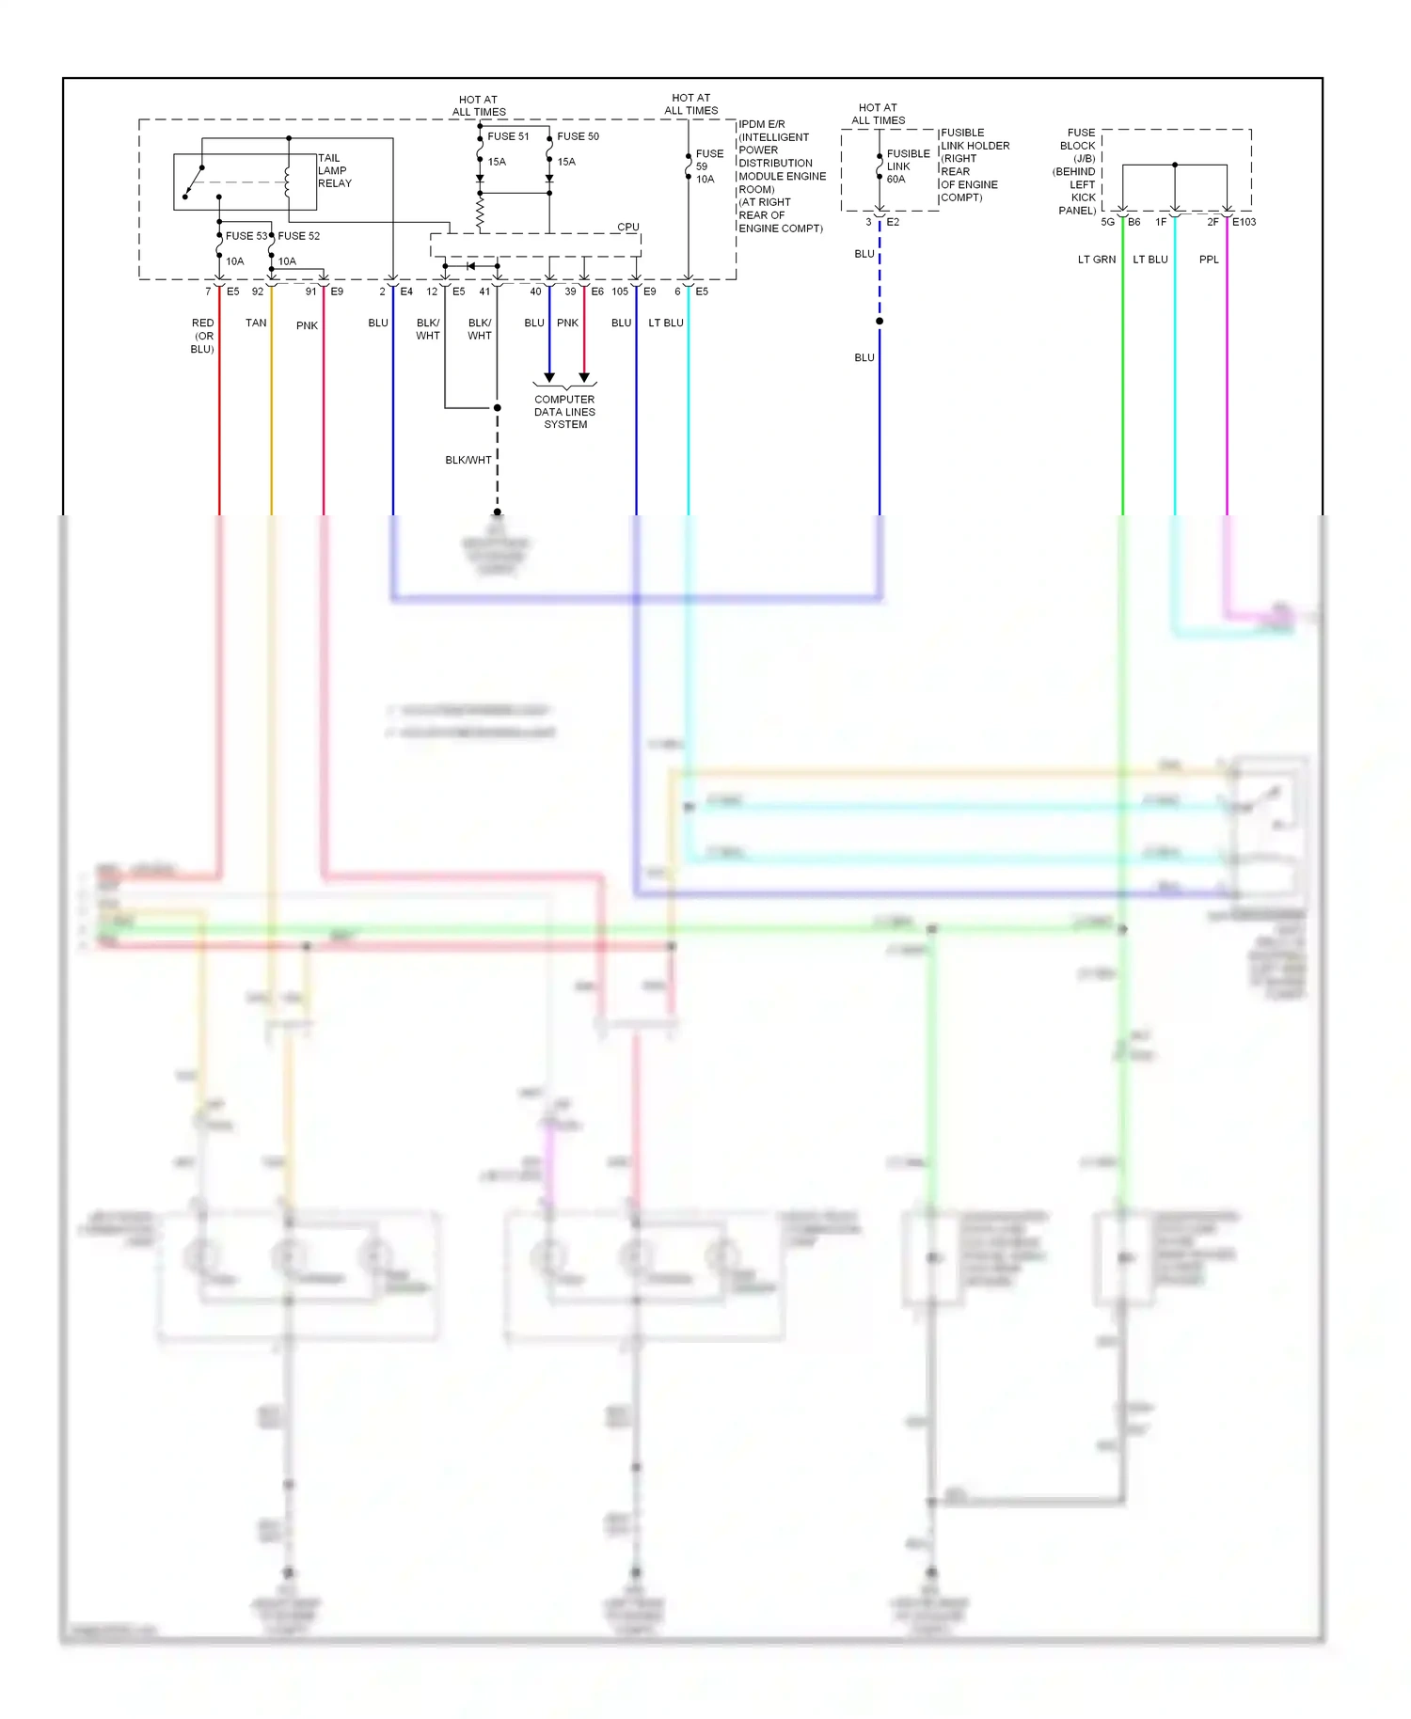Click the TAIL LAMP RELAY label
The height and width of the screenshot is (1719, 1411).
334,171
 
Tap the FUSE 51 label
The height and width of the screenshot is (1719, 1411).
508,136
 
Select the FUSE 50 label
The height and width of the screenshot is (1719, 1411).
578,136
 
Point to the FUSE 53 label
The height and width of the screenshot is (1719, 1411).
246,236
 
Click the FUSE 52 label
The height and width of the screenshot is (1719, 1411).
299,236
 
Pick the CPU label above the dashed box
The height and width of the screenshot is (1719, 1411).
627,228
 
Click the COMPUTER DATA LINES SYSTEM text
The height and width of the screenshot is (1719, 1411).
564,412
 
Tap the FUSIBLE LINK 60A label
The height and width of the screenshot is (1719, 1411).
907,166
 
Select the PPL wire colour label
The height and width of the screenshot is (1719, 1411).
1209,260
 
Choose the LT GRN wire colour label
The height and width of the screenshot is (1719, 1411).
1097,260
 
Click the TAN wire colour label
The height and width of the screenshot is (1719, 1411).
256,323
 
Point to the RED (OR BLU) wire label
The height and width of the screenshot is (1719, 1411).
202,336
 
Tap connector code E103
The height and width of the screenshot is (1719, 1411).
1245,222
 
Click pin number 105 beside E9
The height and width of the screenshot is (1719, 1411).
620,292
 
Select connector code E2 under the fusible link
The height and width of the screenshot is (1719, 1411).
893,222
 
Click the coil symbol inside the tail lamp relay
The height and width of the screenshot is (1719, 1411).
287,179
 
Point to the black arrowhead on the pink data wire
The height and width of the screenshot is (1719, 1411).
584,378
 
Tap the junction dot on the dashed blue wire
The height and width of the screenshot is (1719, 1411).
880,322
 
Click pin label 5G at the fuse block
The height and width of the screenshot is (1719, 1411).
1107,222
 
